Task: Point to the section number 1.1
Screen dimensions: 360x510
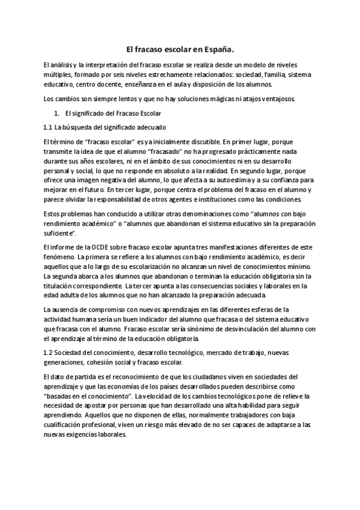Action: [x=49, y=127]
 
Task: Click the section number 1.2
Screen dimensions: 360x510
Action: [x=49, y=352]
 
